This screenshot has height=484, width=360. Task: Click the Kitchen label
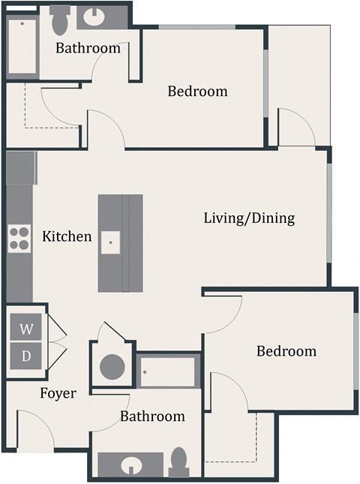point(67,236)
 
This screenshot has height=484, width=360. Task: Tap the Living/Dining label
point(249,218)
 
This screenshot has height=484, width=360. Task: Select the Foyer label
point(58,393)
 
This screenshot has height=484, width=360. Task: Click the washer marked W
point(26,329)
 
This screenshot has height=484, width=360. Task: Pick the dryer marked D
point(26,356)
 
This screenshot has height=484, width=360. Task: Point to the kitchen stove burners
point(19,238)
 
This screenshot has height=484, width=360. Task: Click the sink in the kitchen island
point(110,242)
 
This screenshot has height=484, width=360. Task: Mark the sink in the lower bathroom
point(132,465)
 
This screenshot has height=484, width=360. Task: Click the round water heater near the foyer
point(112,367)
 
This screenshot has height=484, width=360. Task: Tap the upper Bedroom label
point(197,92)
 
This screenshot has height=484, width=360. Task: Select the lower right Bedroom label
point(286,350)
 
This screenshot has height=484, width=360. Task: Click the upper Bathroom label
point(88,48)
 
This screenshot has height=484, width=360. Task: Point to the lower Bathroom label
point(152,416)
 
